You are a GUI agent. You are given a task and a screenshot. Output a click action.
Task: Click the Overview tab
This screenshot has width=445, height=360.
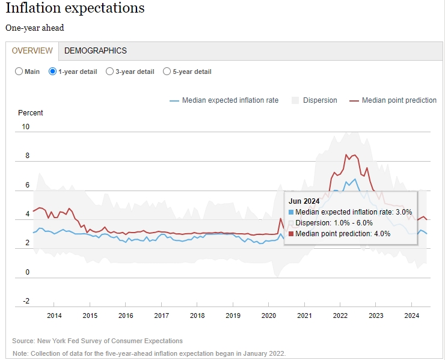(x=32, y=50)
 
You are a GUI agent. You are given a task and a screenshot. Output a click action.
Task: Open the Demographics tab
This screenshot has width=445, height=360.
(x=96, y=50)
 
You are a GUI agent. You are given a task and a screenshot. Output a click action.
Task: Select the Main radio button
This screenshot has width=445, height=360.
(x=19, y=72)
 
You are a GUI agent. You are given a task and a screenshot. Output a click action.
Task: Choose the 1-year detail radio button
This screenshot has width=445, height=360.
(x=52, y=72)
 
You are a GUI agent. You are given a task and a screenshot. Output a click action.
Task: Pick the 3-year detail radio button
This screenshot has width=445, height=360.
(x=109, y=72)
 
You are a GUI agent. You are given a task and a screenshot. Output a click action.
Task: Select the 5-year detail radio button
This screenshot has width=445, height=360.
(x=167, y=72)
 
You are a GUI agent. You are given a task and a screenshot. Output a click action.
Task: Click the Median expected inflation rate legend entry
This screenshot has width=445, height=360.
(x=224, y=100)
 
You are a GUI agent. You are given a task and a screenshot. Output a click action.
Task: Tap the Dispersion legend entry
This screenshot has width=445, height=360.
(x=315, y=100)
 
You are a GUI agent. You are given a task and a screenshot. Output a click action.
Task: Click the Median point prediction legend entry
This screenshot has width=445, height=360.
(x=393, y=100)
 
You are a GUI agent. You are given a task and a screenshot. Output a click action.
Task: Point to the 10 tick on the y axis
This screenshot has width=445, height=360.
(x=25, y=127)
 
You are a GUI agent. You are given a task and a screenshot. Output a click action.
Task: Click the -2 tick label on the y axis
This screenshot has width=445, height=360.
(x=26, y=301)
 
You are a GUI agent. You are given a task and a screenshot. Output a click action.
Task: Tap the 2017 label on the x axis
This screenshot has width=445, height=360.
(x=162, y=316)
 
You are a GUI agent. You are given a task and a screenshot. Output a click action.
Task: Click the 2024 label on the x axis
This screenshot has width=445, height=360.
(x=412, y=316)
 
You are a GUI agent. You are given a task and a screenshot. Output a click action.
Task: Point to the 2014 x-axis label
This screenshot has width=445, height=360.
(x=54, y=316)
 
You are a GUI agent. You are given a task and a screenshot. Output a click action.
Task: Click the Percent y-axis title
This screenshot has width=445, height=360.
(x=30, y=113)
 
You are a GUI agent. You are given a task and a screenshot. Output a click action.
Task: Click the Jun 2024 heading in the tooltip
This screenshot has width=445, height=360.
(x=304, y=201)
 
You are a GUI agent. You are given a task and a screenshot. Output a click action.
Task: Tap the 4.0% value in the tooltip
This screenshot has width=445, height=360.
(x=382, y=234)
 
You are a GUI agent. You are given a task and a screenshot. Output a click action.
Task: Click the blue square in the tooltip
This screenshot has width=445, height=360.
(x=291, y=212)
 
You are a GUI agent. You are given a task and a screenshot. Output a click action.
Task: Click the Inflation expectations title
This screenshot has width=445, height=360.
(x=75, y=8)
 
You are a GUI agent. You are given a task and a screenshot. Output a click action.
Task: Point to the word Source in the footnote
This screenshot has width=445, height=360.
(x=23, y=341)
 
